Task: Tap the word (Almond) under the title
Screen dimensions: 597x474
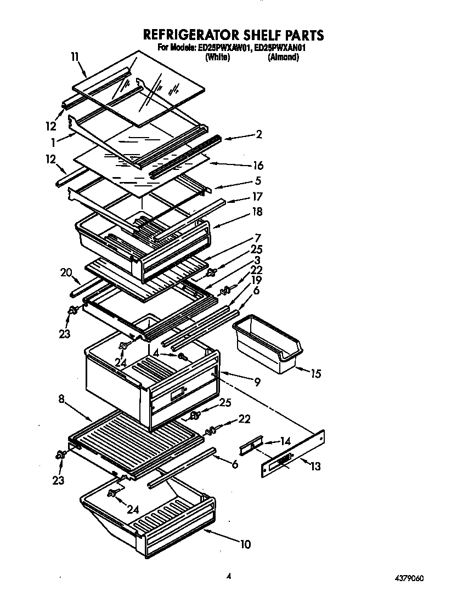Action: pos(283,57)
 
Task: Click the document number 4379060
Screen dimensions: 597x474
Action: pos(408,578)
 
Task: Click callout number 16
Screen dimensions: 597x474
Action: pos(257,166)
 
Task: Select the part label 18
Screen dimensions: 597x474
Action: pos(257,212)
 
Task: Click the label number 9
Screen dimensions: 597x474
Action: pos(257,382)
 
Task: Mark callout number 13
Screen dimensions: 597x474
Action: pos(315,467)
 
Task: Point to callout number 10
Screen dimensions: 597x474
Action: pos(245,544)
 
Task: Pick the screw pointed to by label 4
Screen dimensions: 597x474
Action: pos(183,358)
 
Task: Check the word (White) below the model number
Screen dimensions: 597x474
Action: pos(217,57)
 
